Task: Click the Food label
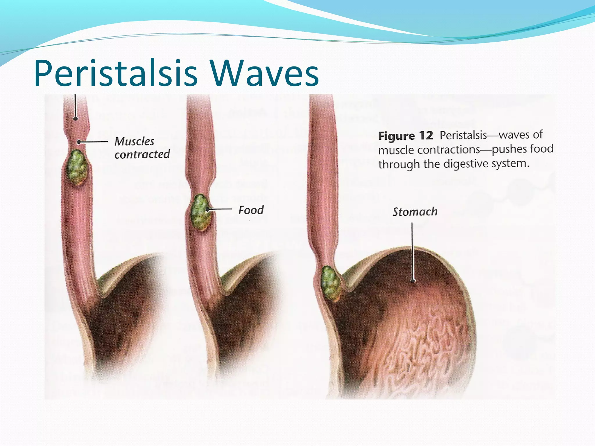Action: pyautogui.click(x=251, y=210)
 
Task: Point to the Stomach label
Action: pyautogui.click(x=415, y=212)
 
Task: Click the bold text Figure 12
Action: pyautogui.click(x=405, y=136)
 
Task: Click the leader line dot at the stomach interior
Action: pyautogui.click(x=413, y=281)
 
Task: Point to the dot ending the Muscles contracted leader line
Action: pyautogui.click(x=79, y=142)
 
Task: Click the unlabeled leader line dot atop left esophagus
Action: pyautogui.click(x=76, y=118)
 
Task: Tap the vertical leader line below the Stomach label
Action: pyautogui.click(x=412, y=250)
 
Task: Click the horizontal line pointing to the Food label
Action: pyautogui.click(x=220, y=209)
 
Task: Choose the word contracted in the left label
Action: pyautogui.click(x=142, y=154)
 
